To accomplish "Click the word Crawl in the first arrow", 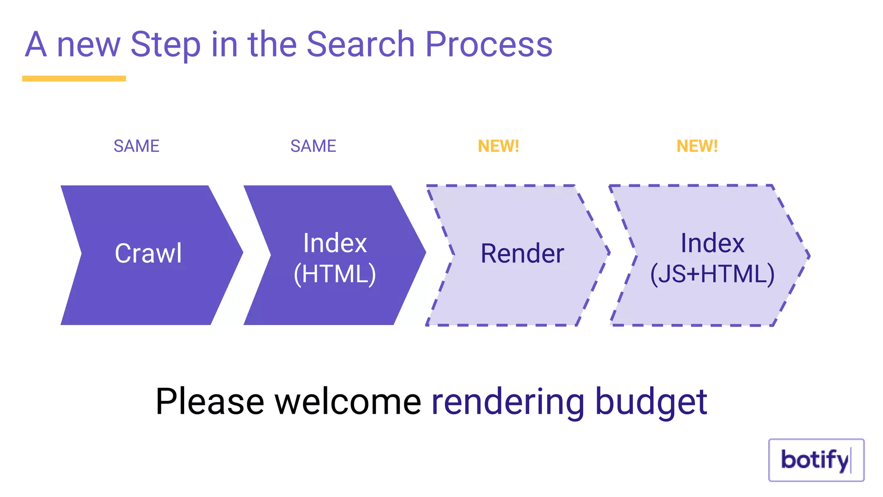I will (x=148, y=253).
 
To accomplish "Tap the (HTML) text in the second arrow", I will (x=335, y=274).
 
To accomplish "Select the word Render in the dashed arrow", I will (x=522, y=253).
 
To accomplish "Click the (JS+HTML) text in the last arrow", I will (x=712, y=274).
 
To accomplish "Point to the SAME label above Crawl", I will (x=136, y=146).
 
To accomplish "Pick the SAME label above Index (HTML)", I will (x=313, y=146).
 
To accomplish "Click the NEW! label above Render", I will (x=498, y=146).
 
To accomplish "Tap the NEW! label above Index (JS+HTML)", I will (x=697, y=146).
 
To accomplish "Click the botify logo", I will (x=816, y=460).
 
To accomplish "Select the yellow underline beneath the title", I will (x=74, y=79).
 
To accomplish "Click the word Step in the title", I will (x=166, y=44).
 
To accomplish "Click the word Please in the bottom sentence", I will (x=210, y=402).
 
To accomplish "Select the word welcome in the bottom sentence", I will (x=348, y=402).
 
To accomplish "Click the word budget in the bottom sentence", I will (x=651, y=402).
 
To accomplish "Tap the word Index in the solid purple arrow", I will (x=335, y=243).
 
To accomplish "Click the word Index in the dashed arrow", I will (x=712, y=243).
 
